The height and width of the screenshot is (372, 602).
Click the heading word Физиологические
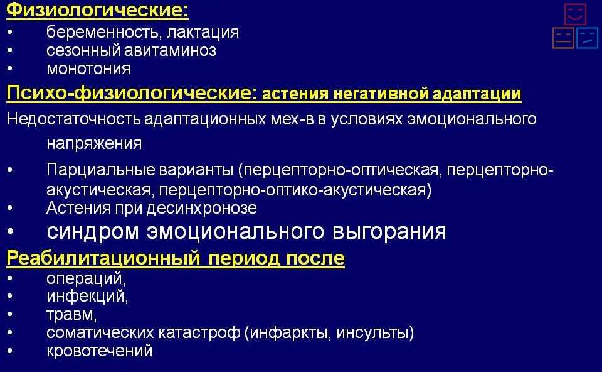(x=97, y=10)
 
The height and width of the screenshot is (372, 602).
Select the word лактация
(x=203, y=33)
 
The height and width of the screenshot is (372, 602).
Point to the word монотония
(x=88, y=69)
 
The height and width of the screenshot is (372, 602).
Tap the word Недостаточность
(x=73, y=119)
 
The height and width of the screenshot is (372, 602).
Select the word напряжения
(x=94, y=144)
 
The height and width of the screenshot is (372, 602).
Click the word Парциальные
(x=101, y=170)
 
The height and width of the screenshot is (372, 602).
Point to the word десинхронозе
(x=202, y=208)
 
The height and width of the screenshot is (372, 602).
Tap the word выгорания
(x=389, y=232)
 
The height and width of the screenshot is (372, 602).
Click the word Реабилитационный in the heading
(x=103, y=258)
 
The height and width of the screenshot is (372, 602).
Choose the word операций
(x=86, y=278)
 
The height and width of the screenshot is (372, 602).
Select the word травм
(x=71, y=315)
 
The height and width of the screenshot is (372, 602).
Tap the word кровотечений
(x=100, y=351)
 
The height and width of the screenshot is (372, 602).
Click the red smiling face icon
(x=575, y=14)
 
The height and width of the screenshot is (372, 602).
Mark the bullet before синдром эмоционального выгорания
(x=10, y=232)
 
